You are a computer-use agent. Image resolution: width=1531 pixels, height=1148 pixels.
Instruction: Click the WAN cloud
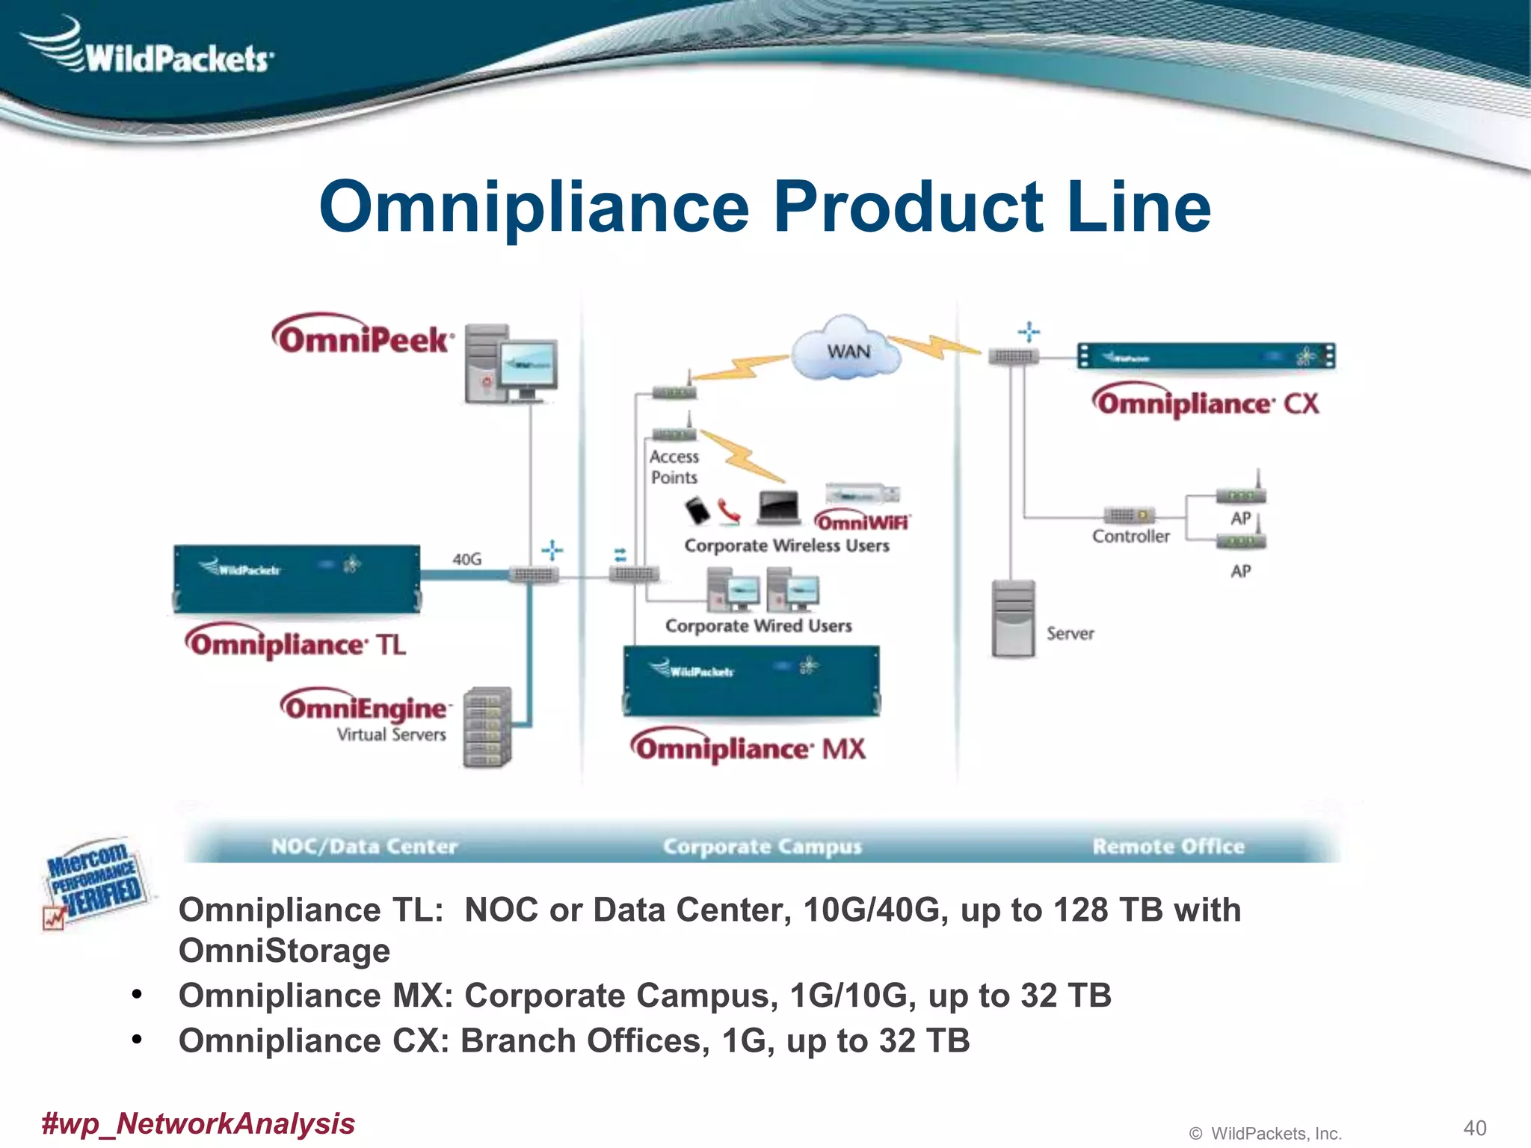pyautogui.click(x=847, y=350)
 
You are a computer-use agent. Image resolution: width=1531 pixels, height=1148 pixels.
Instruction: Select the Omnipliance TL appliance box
pyautogui.click(x=297, y=579)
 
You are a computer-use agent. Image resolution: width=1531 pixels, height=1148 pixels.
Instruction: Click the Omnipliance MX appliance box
pyautogui.click(x=751, y=680)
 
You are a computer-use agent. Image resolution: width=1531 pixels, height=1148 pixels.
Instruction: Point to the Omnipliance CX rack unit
pyautogui.click(x=1206, y=357)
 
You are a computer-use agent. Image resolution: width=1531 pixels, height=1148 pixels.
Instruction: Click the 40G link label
pyautogui.click(x=467, y=559)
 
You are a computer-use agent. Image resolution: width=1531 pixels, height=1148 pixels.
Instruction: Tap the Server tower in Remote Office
pyautogui.click(x=1013, y=619)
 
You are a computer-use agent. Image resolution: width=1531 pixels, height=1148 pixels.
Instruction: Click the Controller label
pyautogui.click(x=1130, y=536)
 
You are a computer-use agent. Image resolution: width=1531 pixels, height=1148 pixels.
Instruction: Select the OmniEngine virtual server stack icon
pyautogui.click(x=487, y=727)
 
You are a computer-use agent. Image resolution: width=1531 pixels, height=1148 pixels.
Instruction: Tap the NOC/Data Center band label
pyautogui.click(x=364, y=846)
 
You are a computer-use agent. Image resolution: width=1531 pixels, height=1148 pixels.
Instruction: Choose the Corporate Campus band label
pyautogui.click(x=763, y=846)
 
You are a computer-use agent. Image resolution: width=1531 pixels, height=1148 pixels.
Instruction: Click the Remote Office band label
pyautogui.click(x=1168, y=846)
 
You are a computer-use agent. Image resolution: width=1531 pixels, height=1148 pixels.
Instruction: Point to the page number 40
pyautogui.click(x=1474, y=1128)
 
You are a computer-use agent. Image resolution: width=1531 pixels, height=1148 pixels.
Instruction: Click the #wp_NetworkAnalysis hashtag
pyautogui.click(x=198, y=1123)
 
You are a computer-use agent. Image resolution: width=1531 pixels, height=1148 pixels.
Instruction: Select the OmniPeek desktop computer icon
pyautogui.click(x=511, y=364)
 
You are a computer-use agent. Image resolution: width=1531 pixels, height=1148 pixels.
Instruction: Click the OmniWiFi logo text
pyautogui.click(x=862, y=521)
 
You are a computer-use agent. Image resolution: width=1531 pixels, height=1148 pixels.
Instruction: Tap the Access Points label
pyautogui.click(x=674, y=466)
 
